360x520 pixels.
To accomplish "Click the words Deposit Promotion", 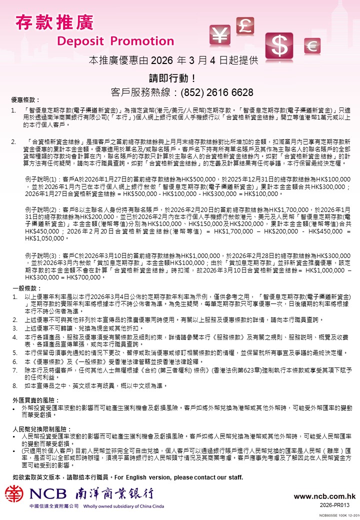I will (x=108, y=40).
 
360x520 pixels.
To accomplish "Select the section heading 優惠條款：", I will (x=25, y=100).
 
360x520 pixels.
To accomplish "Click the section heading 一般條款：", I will (x=25, y=288).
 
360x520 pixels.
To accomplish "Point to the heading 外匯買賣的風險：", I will (x=36, y=400).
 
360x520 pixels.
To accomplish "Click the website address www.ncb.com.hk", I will (x=324, y=496).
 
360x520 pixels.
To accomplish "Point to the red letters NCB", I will (x=48, y=494).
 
